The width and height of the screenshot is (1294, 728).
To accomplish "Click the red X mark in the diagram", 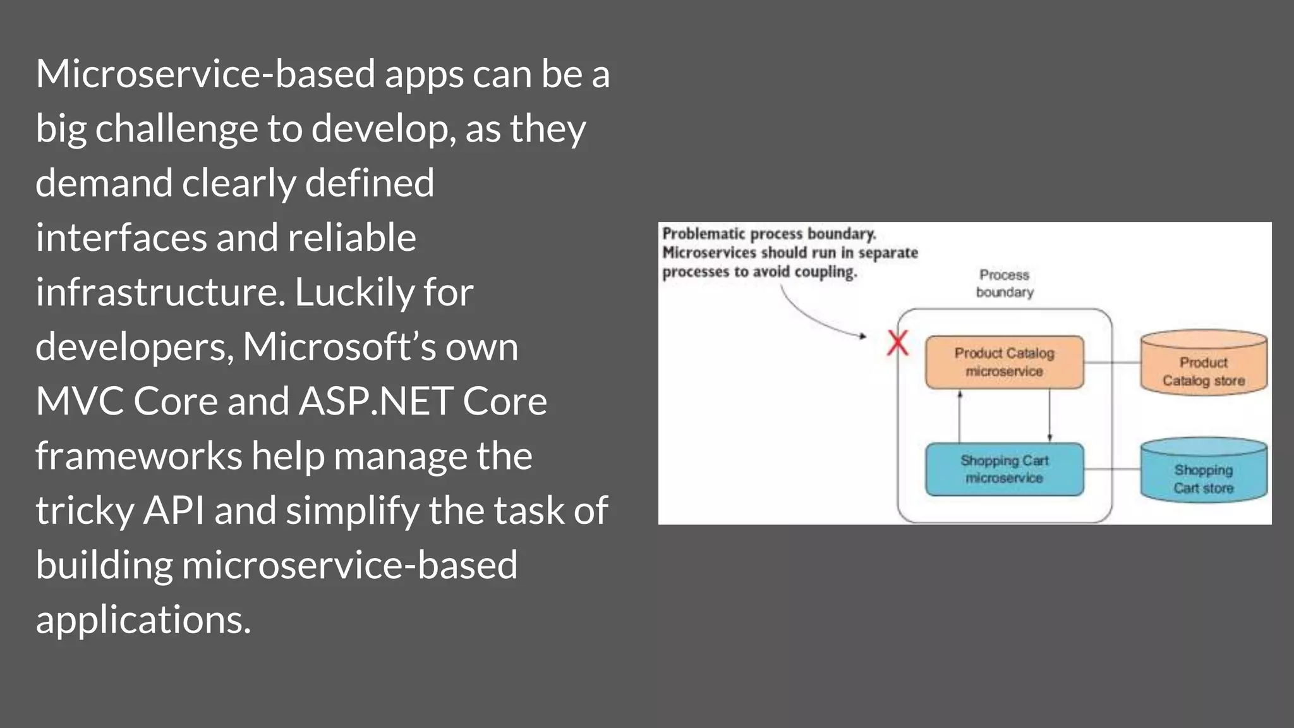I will click(897, 344).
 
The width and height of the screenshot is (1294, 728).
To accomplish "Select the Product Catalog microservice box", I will click(1004, 362).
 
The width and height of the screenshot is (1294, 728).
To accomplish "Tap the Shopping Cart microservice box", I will click(1004, 470).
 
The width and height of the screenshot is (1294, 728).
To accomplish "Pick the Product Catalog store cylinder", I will click(1203, 363).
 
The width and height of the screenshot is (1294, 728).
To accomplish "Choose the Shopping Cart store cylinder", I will click(1203, 471).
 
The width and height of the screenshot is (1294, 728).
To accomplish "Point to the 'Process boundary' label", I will click(1004, 283).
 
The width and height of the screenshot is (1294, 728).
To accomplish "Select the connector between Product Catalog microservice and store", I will click(1112, 362).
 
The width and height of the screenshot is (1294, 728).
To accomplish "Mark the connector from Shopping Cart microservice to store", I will click(1112, 470).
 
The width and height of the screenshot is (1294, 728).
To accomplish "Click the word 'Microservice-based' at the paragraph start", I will click(205, 74).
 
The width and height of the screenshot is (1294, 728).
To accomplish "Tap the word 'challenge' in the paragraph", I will click(176, 129).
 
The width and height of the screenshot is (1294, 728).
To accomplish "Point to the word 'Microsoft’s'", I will click(339, 347).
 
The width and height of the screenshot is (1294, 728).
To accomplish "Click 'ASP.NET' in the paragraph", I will click(375, 401).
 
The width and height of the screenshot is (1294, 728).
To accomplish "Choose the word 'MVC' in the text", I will click(80, 401).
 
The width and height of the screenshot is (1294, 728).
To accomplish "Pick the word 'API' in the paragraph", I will click(174, 511).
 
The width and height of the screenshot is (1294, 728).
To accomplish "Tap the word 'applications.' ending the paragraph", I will click(143, 620).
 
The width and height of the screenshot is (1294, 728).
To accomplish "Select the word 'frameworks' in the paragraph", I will click(138, 456).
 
